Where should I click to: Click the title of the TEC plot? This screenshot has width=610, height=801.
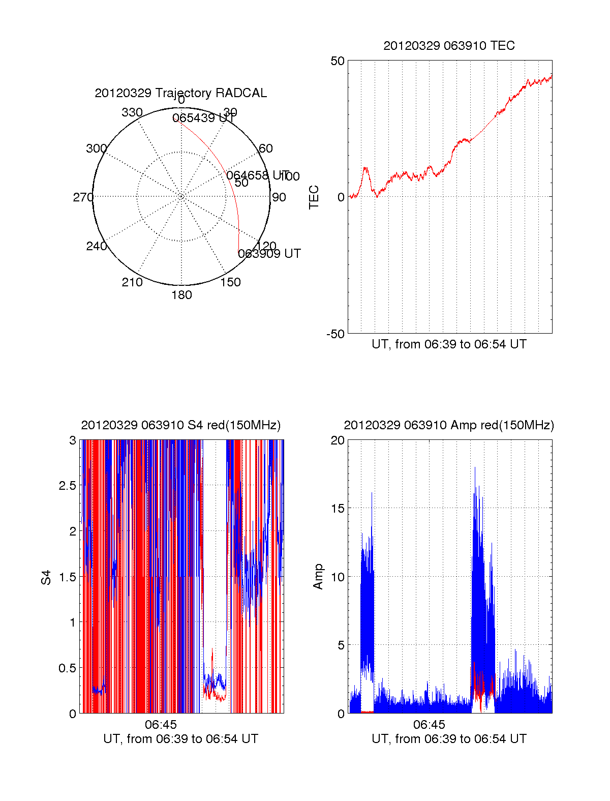tap(449, 46)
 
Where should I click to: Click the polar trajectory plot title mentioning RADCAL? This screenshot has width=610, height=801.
tap(180, 93)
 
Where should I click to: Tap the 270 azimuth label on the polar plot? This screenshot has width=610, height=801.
tap(83, 197)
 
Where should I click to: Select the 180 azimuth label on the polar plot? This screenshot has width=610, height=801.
tap(181, 295)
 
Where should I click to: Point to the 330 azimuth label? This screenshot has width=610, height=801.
tap(132, 112)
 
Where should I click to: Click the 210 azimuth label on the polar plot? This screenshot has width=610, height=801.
tap(132, 282)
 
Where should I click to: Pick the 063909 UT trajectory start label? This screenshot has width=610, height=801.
tap(269, 253)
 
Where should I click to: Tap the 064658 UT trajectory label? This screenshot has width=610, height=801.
tap(257, 175)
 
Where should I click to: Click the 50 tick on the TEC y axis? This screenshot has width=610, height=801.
tap(338, 61)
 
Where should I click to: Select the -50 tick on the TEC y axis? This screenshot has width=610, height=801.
tap(335, 334)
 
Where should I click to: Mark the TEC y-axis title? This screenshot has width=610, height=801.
tap(314, 197)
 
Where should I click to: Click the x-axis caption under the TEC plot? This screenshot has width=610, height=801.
tap(449, 344)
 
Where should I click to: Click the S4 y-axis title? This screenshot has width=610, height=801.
tap(46, 577)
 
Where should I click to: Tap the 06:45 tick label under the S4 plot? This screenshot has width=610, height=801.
tap(161, 725)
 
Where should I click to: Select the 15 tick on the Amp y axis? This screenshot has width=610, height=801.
tap(338, 509)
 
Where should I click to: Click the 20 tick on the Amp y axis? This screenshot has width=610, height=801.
tap(338, 440)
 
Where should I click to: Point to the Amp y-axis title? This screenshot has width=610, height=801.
tap(318, 577)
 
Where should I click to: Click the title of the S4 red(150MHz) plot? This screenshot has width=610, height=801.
tap(180, 425)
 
